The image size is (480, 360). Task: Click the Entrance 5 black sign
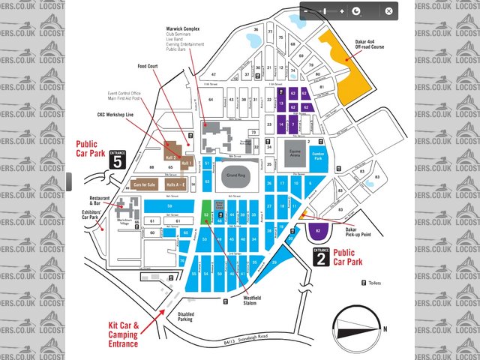(116, 160)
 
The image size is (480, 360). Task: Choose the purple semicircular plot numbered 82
(319, 230)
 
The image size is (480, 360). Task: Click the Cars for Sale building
(144, 184)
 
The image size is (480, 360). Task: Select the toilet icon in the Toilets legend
(364, 283)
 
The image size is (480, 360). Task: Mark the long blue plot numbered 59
(169, 205)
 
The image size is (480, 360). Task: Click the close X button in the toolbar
(388, 11)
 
